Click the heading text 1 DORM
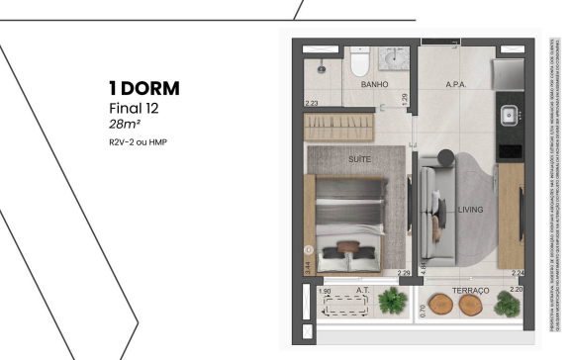(144, 89)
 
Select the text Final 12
(133, 108)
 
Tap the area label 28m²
(126, 125)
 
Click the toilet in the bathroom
(360, 65)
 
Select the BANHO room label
(374, 85)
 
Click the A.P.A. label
(456, 85)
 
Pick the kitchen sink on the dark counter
(512, 112)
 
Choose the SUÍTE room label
(359, 157)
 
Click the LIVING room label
(470, 209)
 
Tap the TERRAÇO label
(471, 291)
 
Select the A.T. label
(362, 291)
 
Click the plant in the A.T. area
(396, 301)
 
